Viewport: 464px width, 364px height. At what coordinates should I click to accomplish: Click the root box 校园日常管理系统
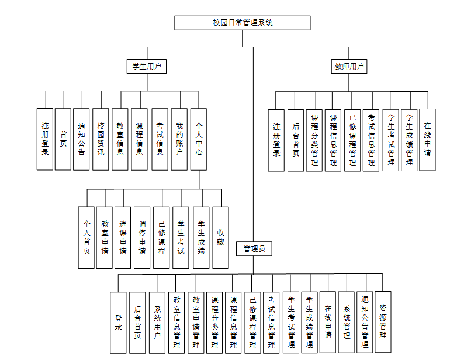(x=243, y=23)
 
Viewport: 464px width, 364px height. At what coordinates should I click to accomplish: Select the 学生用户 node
(x=146, y=67)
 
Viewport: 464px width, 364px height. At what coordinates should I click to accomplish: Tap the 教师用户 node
(x=349, y=67)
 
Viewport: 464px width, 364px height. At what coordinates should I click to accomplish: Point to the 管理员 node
(x=254, y=248)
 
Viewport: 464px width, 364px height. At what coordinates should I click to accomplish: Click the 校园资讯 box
(x=101, y=139)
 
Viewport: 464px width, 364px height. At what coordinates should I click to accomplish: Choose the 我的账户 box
(x=179, y=139)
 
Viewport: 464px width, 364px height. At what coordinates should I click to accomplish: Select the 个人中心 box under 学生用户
(x=199, y=139)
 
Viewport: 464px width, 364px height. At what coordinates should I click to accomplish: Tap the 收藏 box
(x=220, y=237)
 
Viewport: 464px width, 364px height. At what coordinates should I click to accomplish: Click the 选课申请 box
(x=123, y=237)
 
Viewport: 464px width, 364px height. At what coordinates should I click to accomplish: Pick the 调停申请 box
(x=142, y=237)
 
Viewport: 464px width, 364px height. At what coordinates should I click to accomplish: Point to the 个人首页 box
(x=86, y=237)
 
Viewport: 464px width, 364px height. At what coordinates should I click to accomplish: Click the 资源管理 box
(x=383, y=322)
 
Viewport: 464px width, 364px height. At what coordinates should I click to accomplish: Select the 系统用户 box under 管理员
(x=157, y=322)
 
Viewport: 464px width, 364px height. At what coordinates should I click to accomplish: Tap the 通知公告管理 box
(x=365, y=322)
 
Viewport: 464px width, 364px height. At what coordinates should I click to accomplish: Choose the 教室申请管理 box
(x=196, y=322)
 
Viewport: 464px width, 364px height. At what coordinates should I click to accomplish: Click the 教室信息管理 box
(x=176, y=322)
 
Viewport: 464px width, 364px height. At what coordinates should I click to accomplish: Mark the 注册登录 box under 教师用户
(x=276, y=140)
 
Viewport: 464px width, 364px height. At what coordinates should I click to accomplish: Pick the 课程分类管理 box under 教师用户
(x=314, y=140)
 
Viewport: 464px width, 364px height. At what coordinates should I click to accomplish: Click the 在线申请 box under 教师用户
(x=427, y=140)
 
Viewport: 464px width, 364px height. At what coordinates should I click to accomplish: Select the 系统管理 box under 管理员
(x=346, y=322)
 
